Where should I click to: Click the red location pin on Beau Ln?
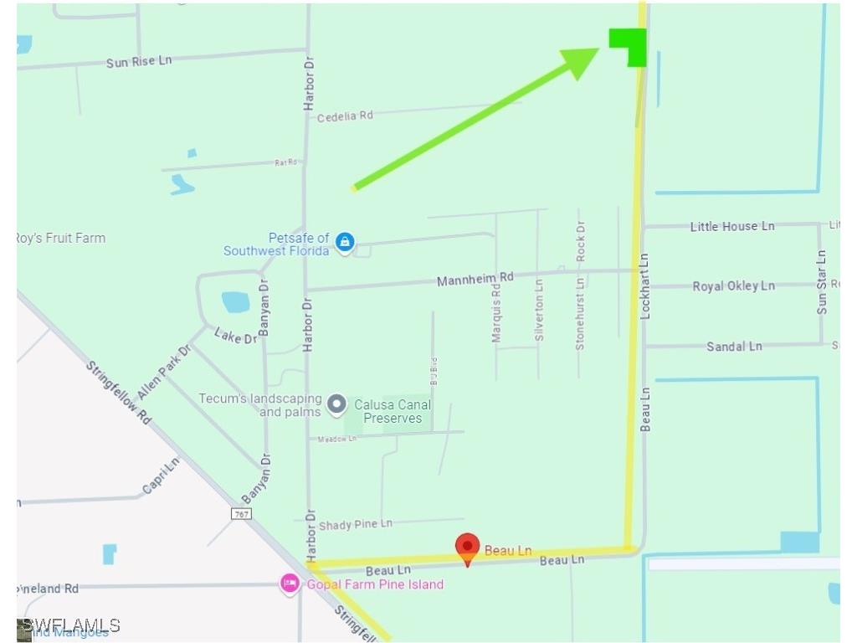tap(467, 548)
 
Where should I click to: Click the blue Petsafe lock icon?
tap(344, 243)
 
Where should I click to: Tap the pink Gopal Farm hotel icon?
tap(290, 584)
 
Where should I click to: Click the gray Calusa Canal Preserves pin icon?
tap(336, 405)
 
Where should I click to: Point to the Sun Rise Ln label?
tap(139, 62)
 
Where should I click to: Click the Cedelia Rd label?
tap(345, 116)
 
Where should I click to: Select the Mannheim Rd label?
tap(475, 279)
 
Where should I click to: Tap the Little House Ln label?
tap(732, 226)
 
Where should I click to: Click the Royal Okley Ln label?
tap(733, 286)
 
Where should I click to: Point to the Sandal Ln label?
tap(734, 346)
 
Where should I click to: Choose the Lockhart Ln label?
tap(644, 285)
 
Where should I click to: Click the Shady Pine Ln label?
tap(355, 525)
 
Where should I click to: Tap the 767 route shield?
tap(242, 513)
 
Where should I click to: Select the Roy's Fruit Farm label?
tap(61, 238)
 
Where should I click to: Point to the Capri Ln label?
tap(162, 476)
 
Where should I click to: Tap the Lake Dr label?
tap(235, 337)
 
